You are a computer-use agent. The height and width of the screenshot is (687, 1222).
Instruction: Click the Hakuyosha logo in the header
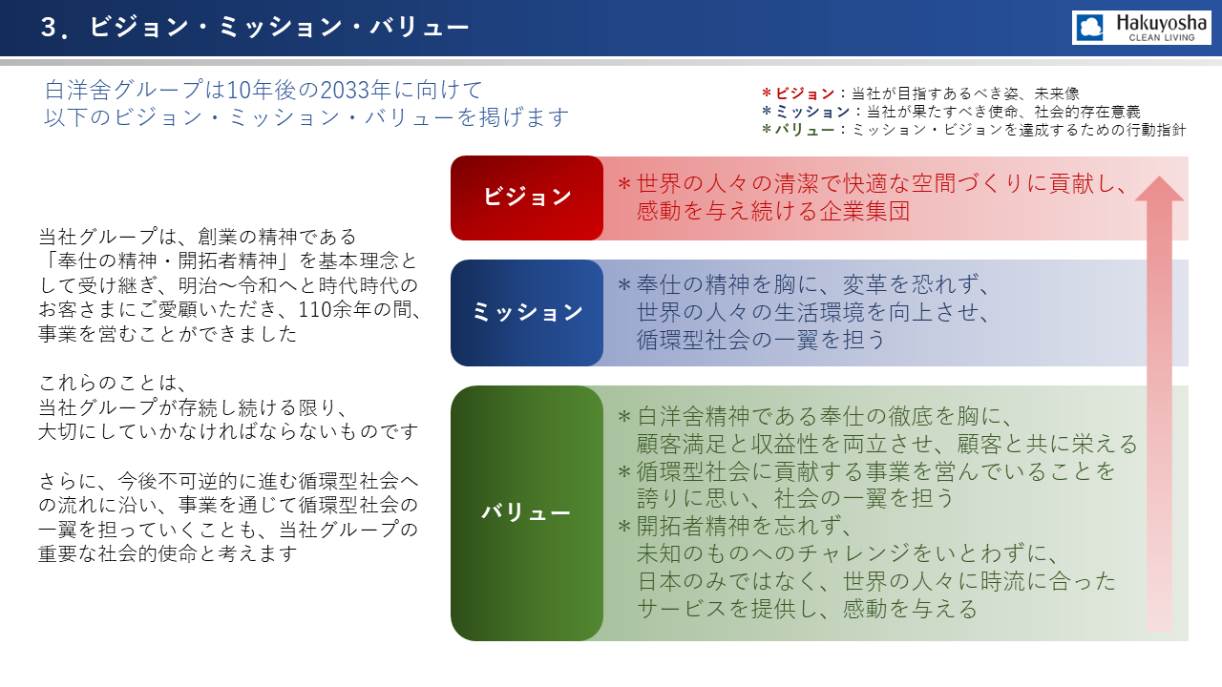1141,28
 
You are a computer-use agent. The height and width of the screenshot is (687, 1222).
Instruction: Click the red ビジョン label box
527,198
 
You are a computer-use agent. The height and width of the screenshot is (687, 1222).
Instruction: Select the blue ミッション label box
527,312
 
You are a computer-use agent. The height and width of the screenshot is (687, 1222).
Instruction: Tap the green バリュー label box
527,513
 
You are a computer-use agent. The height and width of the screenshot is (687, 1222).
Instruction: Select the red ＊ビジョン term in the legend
797,94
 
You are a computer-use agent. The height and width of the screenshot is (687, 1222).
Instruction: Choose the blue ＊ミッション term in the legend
805,112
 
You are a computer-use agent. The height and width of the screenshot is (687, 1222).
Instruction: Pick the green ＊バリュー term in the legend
797,130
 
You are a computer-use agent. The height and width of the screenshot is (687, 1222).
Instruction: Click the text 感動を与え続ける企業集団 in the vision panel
773,211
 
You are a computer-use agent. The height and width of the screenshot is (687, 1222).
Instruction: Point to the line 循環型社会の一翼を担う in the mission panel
761,340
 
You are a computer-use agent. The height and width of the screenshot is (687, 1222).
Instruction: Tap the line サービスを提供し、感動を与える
807,609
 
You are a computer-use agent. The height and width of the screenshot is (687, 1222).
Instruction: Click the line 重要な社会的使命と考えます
168,553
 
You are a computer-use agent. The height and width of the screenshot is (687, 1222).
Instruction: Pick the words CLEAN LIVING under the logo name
1162,37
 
